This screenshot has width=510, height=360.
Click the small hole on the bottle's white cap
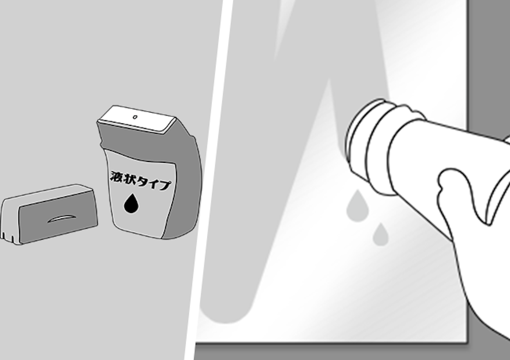(x=135, y=117)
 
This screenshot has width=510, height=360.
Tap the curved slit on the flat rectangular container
(x=62, y=218)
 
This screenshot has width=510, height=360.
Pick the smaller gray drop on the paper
(x=380, y=235)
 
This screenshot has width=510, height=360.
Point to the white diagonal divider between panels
(x=208, y=179)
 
